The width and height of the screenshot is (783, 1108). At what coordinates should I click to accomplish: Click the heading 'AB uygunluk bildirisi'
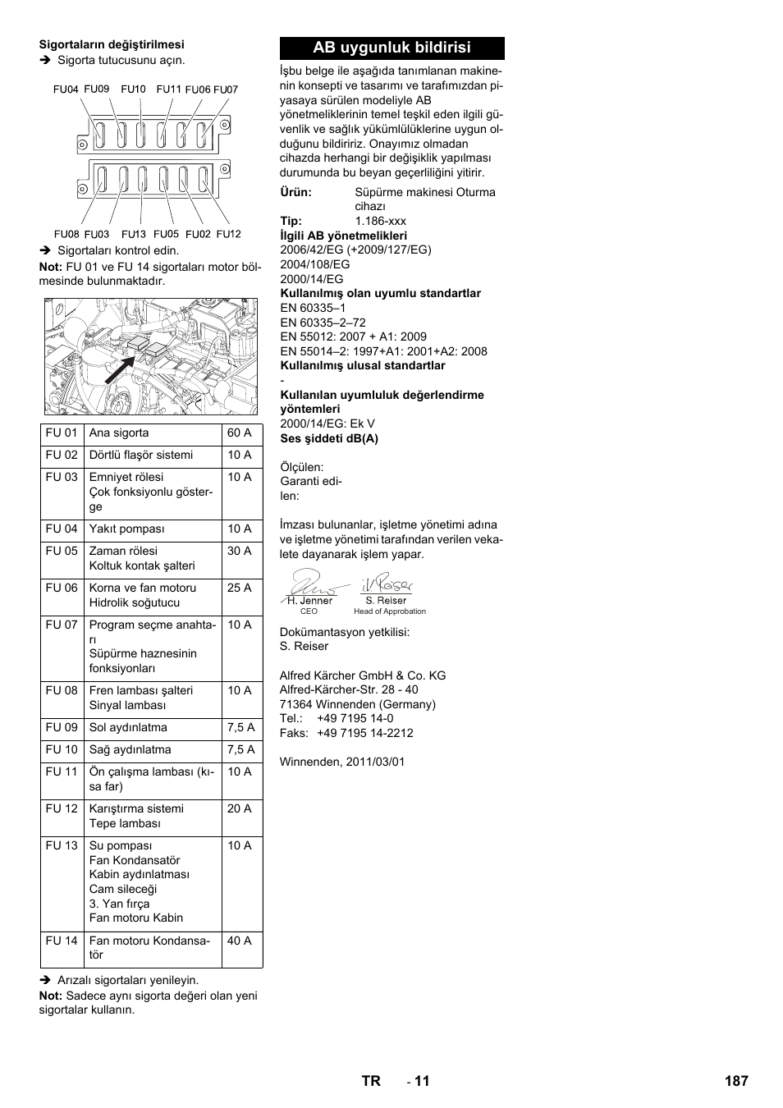pyautogui.click(x=391, y=48)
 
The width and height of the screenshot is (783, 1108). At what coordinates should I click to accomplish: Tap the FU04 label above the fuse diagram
pyautogui.click(x=66, y=89)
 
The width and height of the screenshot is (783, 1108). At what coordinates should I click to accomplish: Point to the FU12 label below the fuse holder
pyautogui.click(x=229, y=234)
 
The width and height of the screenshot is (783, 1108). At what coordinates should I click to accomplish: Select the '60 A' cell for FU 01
pyautogui.click(x=240, y=433)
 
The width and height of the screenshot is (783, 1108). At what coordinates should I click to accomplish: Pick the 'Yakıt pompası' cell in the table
pyautogui.click(x=127, y=529)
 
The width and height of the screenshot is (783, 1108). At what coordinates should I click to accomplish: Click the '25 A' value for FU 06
pyautogui.click(x=240, y=588)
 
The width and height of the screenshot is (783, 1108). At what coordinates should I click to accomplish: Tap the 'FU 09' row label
pyautogui.click(x=62, y=727)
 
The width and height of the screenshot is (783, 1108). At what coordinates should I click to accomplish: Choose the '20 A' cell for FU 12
pyautogui.click(x=240, y=808)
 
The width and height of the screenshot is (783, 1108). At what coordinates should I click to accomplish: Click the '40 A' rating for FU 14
pyautogui.click(x=240, y=941)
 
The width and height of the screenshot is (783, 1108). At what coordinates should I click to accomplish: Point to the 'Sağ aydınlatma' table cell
pyautogui.click(x=130, y=749)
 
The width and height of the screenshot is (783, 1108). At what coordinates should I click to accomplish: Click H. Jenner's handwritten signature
pyautogui.click(x=309, y=582)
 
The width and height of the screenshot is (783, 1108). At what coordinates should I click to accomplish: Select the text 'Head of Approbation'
pyautogui.click(x=390, y=611)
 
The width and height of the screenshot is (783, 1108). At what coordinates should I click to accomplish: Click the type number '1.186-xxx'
pyautogui.click(x=380, y=221)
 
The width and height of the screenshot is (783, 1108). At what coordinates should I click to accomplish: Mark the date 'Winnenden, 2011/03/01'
pyautogui.click(x=342, y=762)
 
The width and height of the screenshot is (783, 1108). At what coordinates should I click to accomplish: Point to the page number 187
pyautogui.click(x=736, y=1081)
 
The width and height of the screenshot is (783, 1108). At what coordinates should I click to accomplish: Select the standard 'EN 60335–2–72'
pyautogui.click(x=323, y=323)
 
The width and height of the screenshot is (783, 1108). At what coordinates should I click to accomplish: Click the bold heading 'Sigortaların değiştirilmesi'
pyautogui.click(x=112, y=44)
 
